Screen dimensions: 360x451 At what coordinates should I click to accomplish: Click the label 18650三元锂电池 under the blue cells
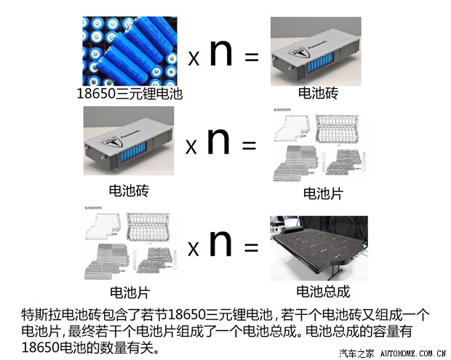tap(129, 93)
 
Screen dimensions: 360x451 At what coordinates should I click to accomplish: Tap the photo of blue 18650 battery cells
tap(129, 49)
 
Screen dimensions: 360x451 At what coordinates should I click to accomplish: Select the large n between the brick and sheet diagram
tap(217, 141)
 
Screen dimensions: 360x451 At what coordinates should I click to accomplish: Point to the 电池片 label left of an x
tap(129, 292)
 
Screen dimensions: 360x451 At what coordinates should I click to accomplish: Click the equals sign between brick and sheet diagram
tap(249, 145)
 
